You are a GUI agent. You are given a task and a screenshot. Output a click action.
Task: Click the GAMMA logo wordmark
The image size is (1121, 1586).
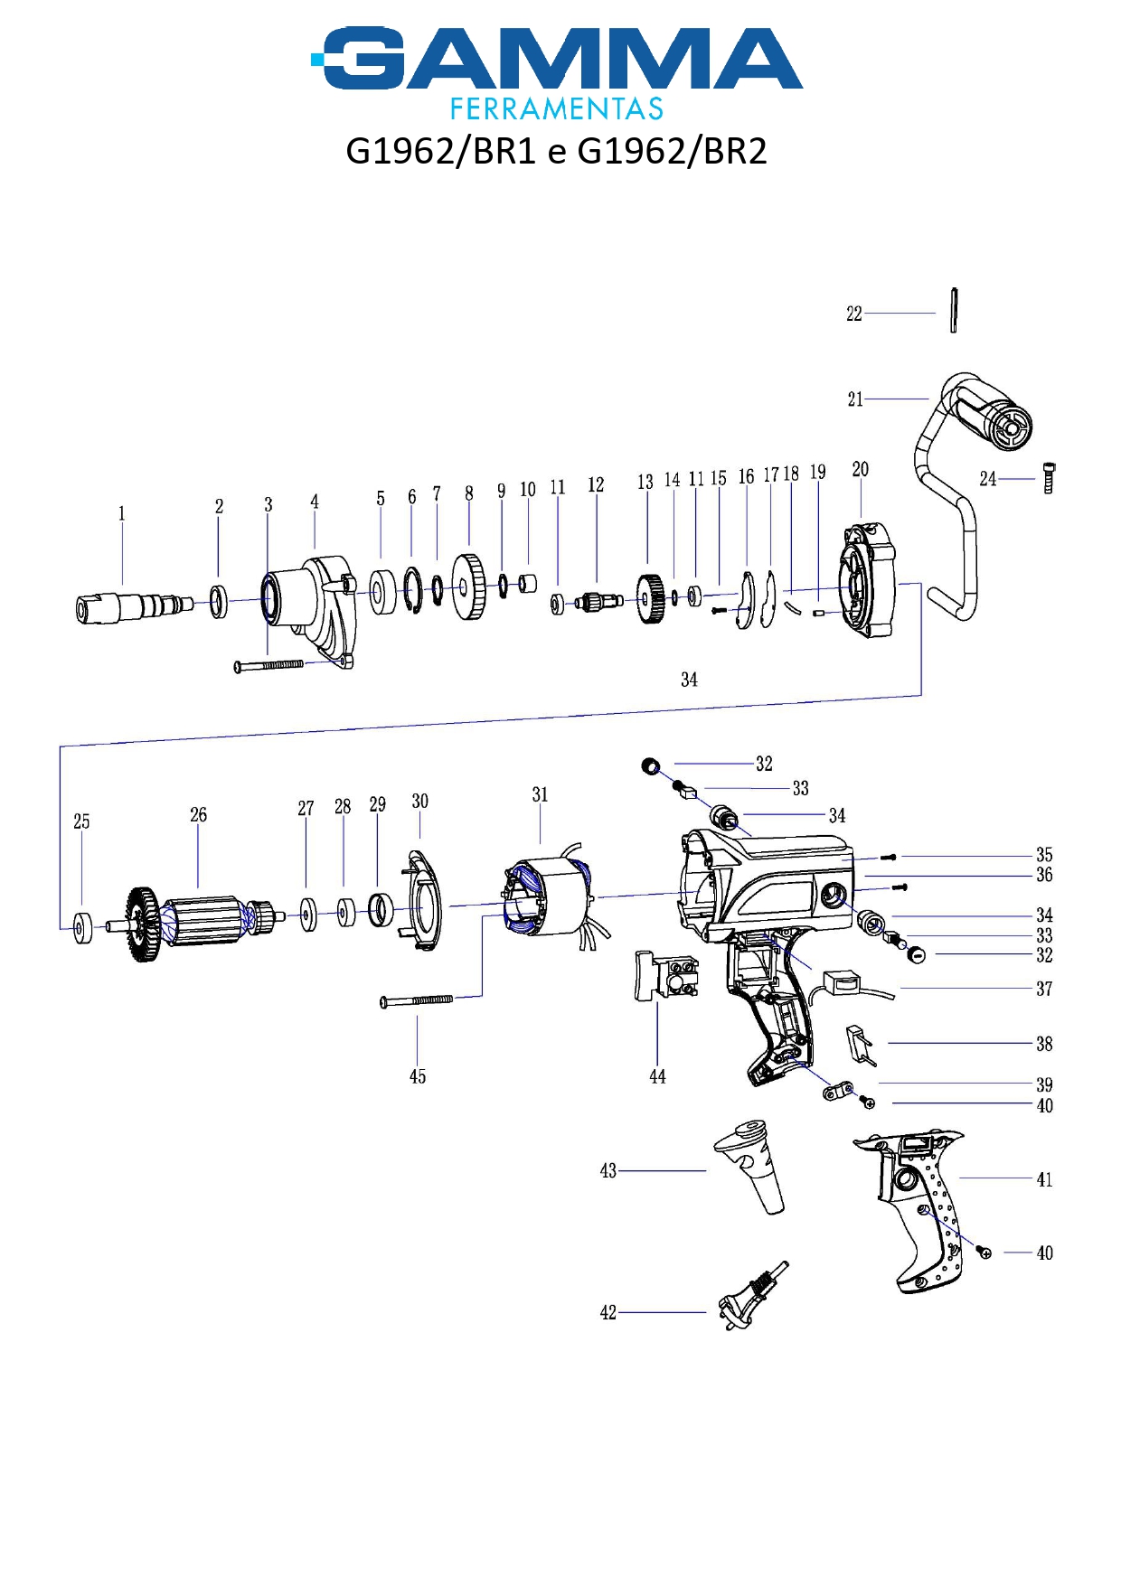[557, 60]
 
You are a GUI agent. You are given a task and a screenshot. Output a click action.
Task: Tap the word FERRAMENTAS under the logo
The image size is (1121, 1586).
[557, 109]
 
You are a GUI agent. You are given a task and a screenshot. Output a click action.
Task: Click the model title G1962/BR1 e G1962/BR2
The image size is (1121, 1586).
[556, 151]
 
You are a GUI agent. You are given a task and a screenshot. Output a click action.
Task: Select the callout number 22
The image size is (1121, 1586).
[854, 314]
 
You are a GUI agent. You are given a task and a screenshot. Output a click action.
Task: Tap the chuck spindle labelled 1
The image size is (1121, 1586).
[131, 605]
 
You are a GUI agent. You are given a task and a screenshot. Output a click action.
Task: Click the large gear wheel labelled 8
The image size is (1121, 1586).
[468, 587]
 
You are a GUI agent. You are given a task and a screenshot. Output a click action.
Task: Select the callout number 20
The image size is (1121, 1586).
[861, 469]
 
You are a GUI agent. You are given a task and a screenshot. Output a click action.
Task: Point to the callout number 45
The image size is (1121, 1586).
[418, 1076]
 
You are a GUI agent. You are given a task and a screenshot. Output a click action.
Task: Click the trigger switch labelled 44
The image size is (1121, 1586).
[665, 976]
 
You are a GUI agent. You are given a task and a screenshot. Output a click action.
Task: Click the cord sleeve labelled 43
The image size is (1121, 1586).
[755, 1166]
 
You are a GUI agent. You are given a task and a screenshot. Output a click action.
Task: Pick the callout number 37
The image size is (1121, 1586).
[1044, 989]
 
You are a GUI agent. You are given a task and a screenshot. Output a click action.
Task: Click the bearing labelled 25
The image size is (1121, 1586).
[82, 928]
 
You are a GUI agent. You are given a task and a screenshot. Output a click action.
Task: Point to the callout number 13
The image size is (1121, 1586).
[645, 483]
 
